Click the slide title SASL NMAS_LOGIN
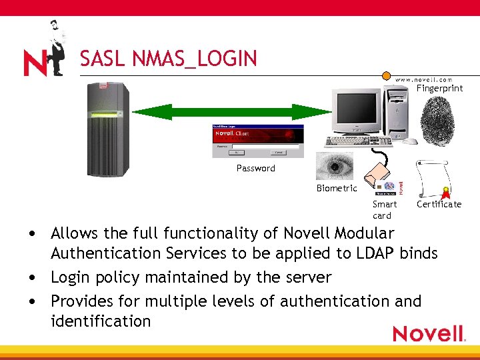pos(168,59)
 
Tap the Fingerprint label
pos(439,88)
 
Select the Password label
pos(255,168)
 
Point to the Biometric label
pos(337,188)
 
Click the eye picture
pos(335,166)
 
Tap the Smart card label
pos(384,209)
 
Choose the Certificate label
pos(439,204)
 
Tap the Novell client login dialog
pos(257,141)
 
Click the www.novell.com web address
pos(424,79)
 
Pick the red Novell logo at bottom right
pos(427,333)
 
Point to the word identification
pos(101,321)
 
